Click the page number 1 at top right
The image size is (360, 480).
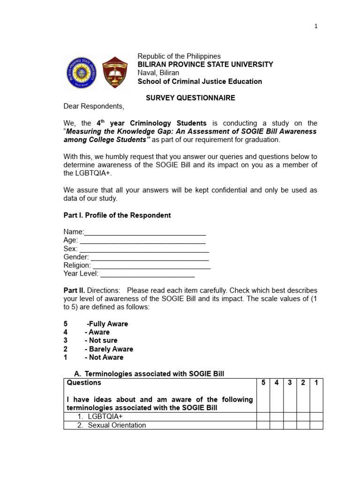coord(316,26)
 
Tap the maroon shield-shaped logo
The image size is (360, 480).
coord(114,72)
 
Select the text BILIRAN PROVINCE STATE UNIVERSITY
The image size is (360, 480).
coord(205,65)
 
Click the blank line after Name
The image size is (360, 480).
coord(145,232)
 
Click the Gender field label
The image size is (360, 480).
coord(76,257)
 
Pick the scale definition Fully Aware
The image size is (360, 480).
coord(107,324)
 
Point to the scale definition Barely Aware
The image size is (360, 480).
coord(109,349)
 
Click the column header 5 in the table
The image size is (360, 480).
coord(263,383)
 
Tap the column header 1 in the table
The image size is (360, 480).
coord(316,383)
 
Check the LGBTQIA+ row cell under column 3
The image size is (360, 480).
coord(290,417)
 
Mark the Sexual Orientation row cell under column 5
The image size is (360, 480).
coord(263,425)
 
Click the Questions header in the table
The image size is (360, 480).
coord(84,383)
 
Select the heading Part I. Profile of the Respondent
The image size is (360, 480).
coord(117,215)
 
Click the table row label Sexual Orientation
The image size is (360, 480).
coord(117,425)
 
